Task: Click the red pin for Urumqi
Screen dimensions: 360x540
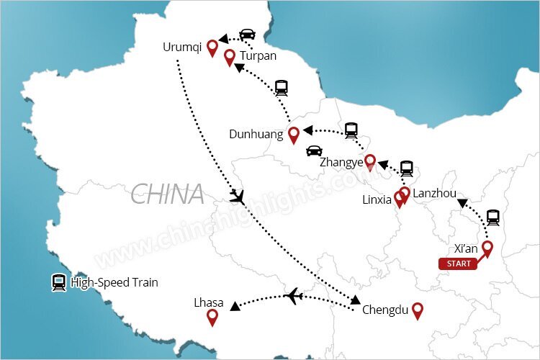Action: click(x=212, y=48)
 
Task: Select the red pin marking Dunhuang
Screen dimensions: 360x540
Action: click(x=293, y=134)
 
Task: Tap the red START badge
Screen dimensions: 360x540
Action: click(x=459, y=264)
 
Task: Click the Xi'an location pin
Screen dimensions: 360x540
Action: click(x=487, y=248)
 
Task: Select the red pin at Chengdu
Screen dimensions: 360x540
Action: click(x=416, y=310)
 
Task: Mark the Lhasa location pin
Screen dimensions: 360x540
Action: click(x=212, y=317)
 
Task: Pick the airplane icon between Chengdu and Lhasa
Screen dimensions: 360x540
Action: click(x=293, y=295)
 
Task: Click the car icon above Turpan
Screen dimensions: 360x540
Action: click(x=247, y=34)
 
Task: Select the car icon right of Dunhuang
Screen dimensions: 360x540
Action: click(x=314, y=150)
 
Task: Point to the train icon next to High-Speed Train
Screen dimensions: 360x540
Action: click(x=58, y=282)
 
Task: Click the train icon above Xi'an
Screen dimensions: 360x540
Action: click(x=493, y=217)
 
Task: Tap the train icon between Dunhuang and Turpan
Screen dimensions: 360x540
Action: click(x=282, y=88)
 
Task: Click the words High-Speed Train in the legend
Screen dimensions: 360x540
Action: click(x=114, y=283)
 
